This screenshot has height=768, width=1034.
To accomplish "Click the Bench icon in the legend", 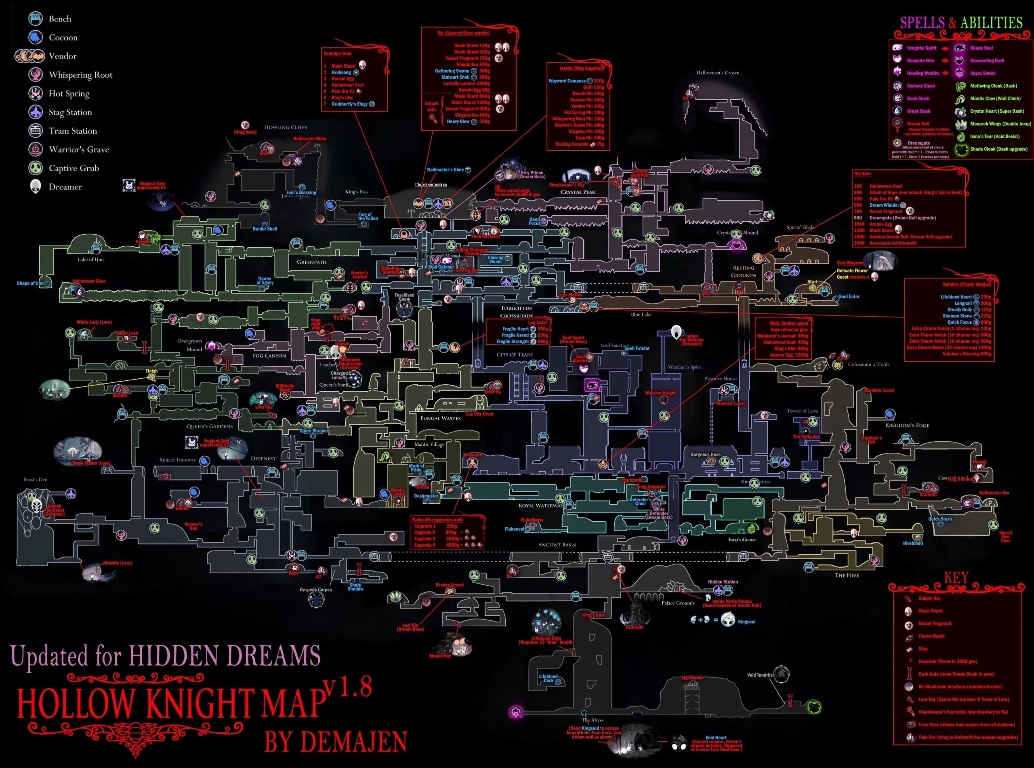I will coord(36,19).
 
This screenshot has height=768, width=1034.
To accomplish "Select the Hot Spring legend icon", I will coord(36,93).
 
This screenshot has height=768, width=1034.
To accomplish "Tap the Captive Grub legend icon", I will coord(36,168).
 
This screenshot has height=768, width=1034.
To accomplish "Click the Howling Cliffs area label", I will coord(286,127).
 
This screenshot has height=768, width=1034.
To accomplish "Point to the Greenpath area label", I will coord(311,262).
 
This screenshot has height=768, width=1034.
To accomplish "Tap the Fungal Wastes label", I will coord(440,418).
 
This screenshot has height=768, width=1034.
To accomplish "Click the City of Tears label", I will coord(515,354).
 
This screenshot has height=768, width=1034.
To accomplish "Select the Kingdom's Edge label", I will coord(907,425).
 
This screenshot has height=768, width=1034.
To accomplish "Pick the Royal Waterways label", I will coord(540,505).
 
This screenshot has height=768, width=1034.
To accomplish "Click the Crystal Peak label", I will coord(578,192).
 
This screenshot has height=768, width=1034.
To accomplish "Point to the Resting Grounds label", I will coord(744,271).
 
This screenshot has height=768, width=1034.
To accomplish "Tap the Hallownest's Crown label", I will coord(718,73).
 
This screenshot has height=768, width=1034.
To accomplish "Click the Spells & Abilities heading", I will coord(961,22).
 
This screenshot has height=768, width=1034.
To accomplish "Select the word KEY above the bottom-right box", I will coord(956,578).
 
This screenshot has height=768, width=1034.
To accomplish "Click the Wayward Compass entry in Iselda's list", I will coord(567,81).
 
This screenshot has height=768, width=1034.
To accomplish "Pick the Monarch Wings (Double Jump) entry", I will coord(1000,124).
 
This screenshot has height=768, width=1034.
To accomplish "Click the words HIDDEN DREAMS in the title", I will coord(225,655).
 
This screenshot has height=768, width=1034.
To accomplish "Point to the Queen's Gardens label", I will coord(210,426).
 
